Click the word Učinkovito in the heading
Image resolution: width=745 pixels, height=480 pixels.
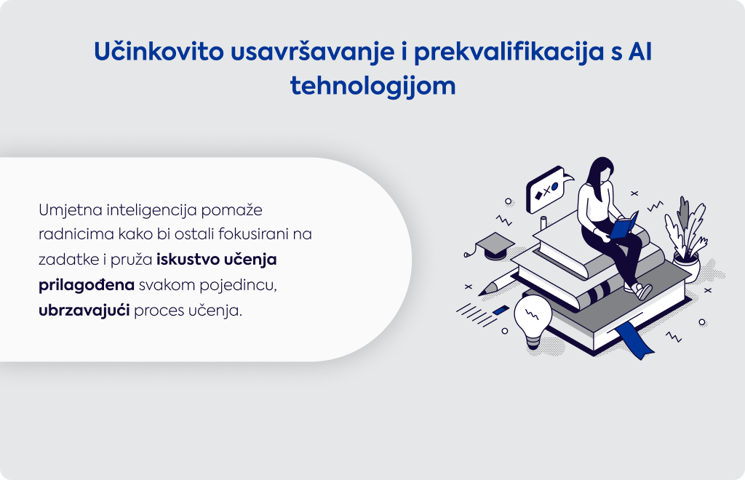[159, 52]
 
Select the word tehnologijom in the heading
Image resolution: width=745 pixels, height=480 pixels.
[373, 87]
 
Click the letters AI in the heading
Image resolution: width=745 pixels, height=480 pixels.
[640, 52]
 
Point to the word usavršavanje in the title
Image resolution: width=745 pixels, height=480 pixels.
[313, 52]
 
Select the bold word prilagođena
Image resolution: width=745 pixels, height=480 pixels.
[87, 285]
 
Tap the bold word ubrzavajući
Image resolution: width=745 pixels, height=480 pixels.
[84, 311]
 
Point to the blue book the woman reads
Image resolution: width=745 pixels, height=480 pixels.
[624, 225]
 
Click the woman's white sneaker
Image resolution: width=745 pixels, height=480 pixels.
[643, 291]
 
